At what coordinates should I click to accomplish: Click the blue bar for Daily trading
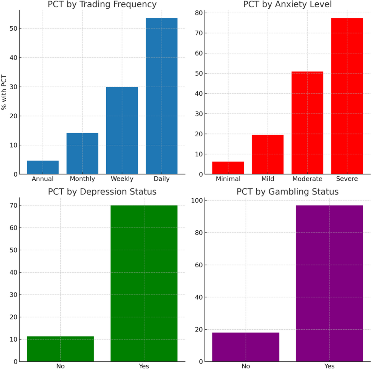162,96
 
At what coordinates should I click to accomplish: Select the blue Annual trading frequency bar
43,167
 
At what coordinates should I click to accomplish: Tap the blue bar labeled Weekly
122,130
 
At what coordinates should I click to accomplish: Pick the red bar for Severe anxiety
347,96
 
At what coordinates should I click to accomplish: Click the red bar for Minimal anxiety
228,168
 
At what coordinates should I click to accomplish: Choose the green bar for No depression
60,349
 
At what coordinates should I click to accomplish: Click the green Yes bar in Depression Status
144,283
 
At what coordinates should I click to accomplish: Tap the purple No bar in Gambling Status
246,347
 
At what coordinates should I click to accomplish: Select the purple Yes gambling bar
329,283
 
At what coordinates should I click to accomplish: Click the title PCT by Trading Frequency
102,5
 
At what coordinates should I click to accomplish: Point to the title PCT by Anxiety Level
287,5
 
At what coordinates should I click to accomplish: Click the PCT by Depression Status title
102,192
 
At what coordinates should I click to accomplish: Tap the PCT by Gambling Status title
287,192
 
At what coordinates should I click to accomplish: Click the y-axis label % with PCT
4,92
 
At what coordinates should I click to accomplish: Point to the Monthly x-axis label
82,179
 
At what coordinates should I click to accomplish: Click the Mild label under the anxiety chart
268,179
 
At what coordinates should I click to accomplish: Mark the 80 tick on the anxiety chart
199,13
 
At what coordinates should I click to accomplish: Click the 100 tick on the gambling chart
197,200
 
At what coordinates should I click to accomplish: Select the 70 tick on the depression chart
13,205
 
